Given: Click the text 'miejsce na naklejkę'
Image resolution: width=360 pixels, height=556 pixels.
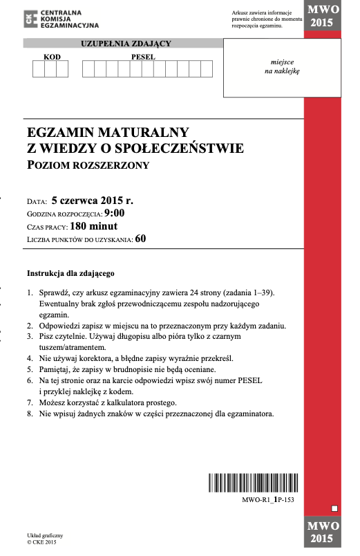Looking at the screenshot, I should (x=282, y=66).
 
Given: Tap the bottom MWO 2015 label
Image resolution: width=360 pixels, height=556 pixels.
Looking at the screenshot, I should (x=321, y=533).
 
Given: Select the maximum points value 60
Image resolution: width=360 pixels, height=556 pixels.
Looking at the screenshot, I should (x=141, y=239).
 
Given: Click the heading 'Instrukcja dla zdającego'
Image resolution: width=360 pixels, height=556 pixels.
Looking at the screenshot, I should (x=70, y=273).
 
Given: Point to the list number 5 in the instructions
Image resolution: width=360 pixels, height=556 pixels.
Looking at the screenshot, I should (x=30, y=369).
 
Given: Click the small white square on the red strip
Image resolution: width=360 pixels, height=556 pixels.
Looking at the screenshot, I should (x=334, y=509).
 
